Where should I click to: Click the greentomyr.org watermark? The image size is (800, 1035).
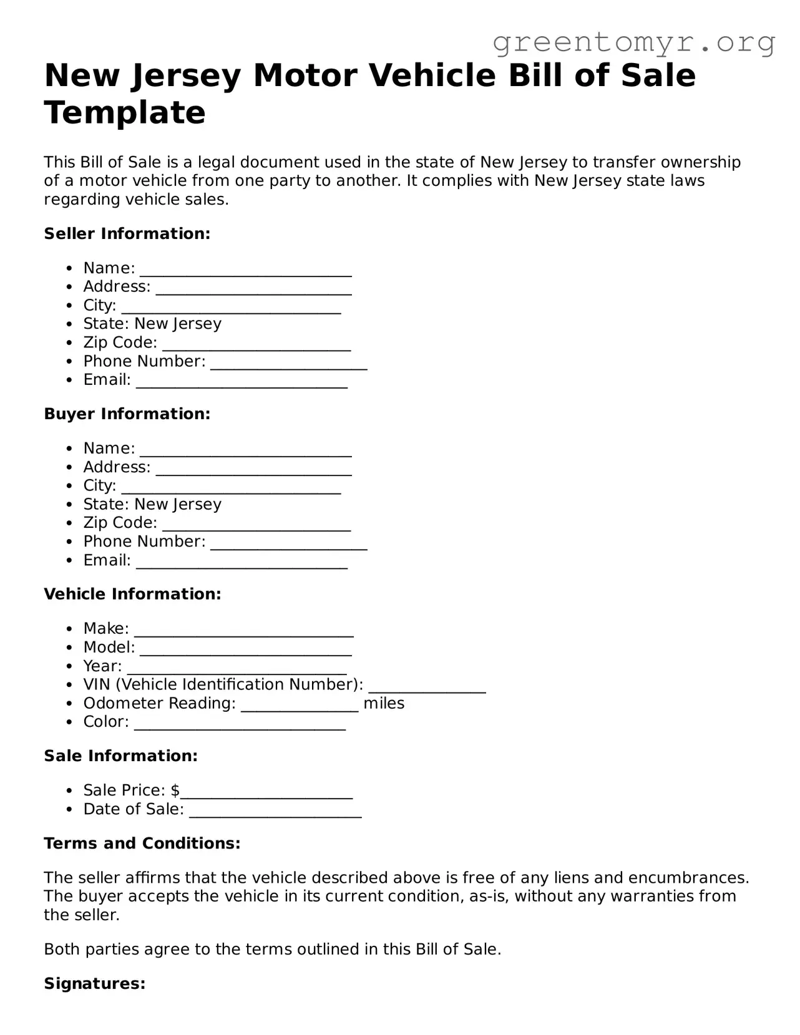pos(633,42)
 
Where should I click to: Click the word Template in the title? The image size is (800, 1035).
pos(125,113)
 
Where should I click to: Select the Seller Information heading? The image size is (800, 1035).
pos(127,234)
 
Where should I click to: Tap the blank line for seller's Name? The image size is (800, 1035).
pos(246,270)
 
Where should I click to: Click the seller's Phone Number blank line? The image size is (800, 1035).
pos(288,363)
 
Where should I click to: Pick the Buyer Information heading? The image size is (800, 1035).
pos(127,414)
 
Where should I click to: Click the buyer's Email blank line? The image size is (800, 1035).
pos(241,562)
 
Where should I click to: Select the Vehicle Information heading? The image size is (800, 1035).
pos(132,594)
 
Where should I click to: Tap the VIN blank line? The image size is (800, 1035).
pos(427,686)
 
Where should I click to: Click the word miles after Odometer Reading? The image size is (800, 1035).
pos(384,704)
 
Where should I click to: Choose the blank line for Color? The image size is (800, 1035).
pos(240,724)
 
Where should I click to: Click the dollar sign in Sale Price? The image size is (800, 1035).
pos(175,790)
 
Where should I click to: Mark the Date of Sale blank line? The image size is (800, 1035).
pos(275,811)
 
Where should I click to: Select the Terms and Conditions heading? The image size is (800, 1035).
pos(142,843)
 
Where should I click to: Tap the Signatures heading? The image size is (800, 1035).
pos(95,984)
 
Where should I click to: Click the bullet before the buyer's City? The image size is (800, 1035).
pos(70,486)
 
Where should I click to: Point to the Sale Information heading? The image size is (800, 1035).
pos(120,756)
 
